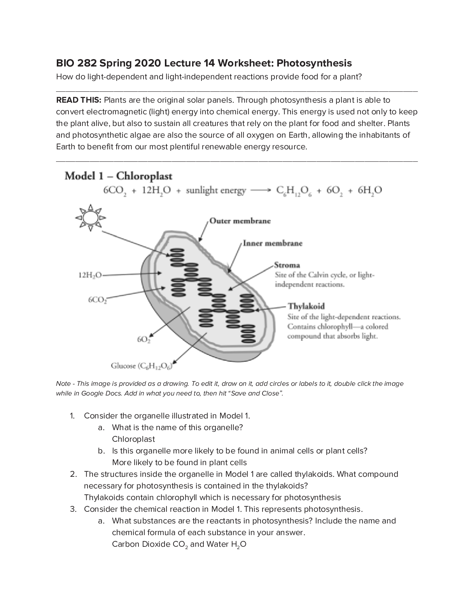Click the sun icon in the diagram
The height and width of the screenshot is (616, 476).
click(91, 217)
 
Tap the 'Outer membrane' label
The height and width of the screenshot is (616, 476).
click(240, 221)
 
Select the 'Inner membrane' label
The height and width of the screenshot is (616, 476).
click(272, 243)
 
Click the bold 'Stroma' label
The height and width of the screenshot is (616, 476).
click(287, 265)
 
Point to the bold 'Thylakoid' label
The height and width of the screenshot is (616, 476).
click(306, 306)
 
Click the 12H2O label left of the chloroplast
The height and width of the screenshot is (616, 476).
click(90, 275)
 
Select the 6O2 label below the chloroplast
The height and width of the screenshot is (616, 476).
click(143, 339)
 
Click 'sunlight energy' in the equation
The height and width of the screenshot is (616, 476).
click(216, 191)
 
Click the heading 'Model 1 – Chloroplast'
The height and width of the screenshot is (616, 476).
click(118, 176)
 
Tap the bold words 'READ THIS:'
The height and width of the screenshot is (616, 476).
click(79, 100)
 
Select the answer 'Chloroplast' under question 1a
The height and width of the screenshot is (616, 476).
click(133, 439)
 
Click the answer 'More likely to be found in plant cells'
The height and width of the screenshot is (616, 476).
click(179, 462)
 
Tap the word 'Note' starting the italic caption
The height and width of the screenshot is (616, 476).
click(63, 383)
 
